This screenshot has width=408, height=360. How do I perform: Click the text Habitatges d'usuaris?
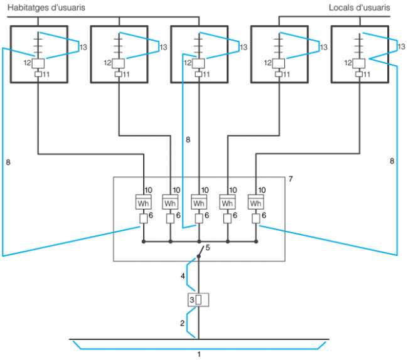coord(46,8)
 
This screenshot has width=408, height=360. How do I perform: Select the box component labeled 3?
coord(198,300)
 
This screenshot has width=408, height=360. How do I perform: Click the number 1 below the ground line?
coord(199,354)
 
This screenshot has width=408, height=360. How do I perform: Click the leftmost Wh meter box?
coord(144,203)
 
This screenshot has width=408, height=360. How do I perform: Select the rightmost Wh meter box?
coord(256,203)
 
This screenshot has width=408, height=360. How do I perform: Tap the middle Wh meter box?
coord(199,203)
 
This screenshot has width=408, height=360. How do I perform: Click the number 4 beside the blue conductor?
coord(183,275)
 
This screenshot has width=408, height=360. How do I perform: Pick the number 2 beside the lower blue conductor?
coord(183,324)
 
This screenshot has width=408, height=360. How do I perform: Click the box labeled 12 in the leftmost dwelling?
coord(38,63)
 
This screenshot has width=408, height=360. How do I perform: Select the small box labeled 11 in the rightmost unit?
coord(359,75)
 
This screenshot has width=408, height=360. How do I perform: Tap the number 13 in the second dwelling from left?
coord(164,47)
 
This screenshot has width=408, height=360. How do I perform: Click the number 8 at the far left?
coord(8,162)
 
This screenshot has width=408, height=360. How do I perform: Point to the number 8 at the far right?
coord(392,161)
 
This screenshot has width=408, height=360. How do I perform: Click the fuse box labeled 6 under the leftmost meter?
coord(144,219)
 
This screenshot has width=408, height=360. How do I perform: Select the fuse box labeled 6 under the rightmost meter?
coord(256,219)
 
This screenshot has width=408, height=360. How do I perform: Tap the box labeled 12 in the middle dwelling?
coord(199,63)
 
